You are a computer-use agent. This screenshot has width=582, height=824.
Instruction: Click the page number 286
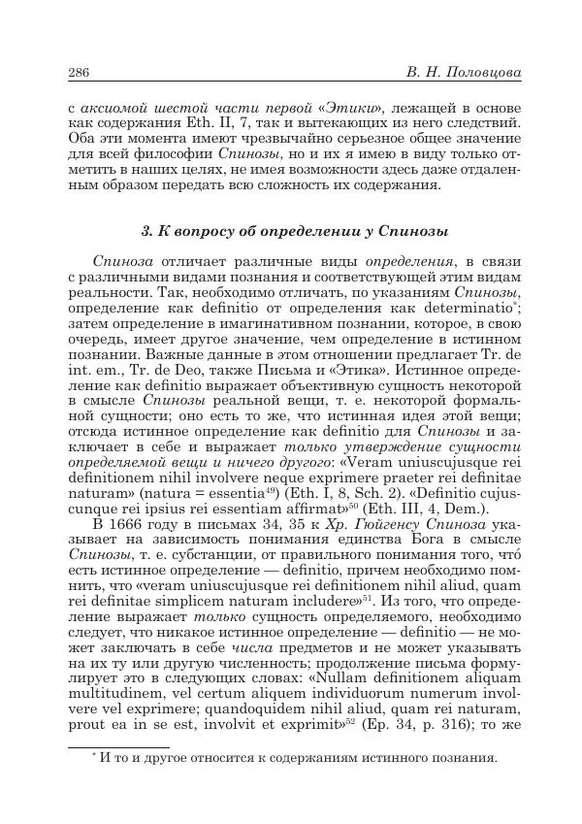coord(81,73)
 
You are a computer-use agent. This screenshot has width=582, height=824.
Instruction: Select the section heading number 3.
coord(145,231)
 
